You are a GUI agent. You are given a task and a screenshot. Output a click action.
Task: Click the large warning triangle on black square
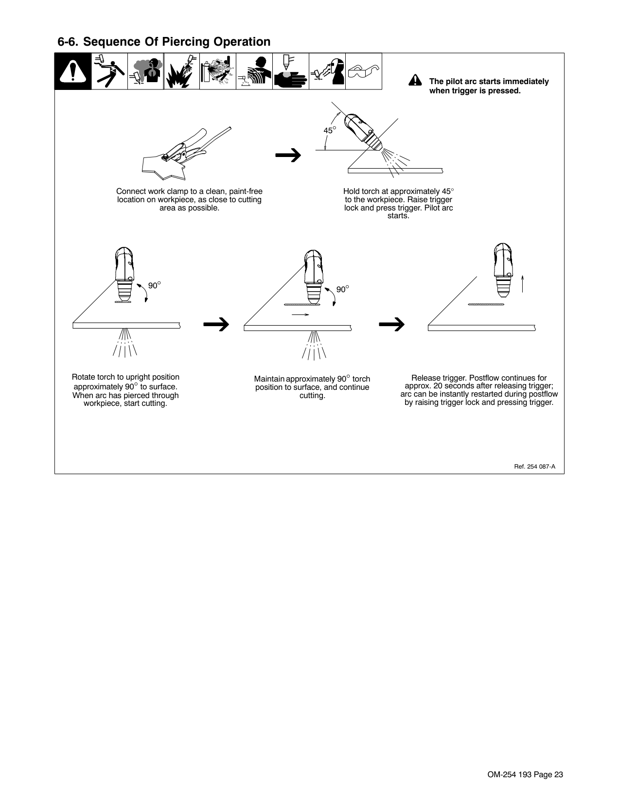point(73,71)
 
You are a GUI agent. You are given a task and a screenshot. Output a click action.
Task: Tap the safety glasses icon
point(364,71)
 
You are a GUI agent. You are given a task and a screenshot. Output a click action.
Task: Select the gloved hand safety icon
point(290,71)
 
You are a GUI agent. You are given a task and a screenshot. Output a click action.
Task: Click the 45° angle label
point(330,130)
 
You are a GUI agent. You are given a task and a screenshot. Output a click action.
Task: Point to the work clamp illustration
point(185,151)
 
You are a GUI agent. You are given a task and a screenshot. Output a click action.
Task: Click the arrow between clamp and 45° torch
point(288,156)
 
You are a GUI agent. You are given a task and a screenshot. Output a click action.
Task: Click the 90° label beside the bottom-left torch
point(154,286)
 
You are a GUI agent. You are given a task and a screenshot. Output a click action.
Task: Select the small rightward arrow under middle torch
point(301,314)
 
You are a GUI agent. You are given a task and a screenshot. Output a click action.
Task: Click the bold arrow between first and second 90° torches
point(217,324)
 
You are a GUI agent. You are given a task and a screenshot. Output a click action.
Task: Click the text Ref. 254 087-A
point(534,466)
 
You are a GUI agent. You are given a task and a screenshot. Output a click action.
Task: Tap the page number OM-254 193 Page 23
point(525,775)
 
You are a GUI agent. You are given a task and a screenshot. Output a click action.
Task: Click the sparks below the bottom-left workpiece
point(125,343)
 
